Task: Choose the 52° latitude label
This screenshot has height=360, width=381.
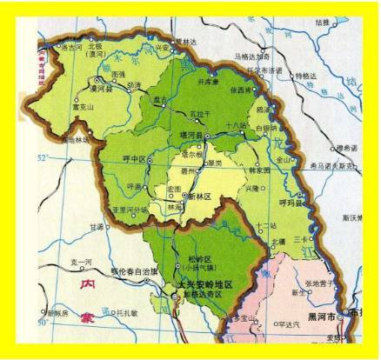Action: (x=44, y=158)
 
